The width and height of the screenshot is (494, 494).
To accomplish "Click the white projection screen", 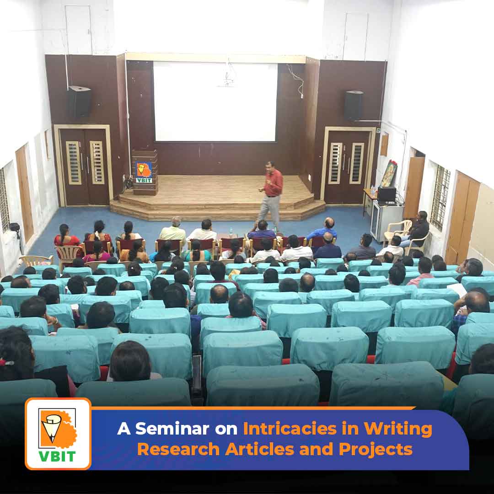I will pyautogui.click(x=215, y=102).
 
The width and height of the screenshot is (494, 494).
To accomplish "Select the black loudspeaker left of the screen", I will pyautogui.click(x=80, y=102).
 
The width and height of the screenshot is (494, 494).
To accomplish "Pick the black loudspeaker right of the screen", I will pyautogui.click(x=354, y=105).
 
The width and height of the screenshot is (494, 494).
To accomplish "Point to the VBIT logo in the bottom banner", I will pyautogui.click(x=58, y=434).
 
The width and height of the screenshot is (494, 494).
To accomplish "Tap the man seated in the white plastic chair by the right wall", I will pyautogui.click(x=419, y=228).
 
